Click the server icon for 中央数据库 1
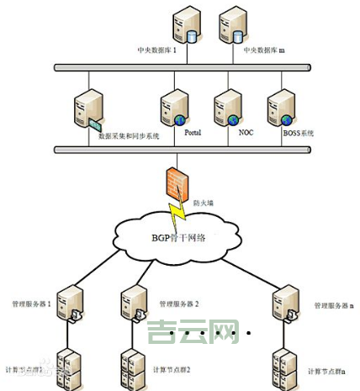tap(185, 26)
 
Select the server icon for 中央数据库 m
tap(230, 26)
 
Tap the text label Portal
tap(193, 132)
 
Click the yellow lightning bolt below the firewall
tap(177, 212)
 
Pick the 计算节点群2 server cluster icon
tap(132, 367)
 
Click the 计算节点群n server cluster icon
tap(283, 367)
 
